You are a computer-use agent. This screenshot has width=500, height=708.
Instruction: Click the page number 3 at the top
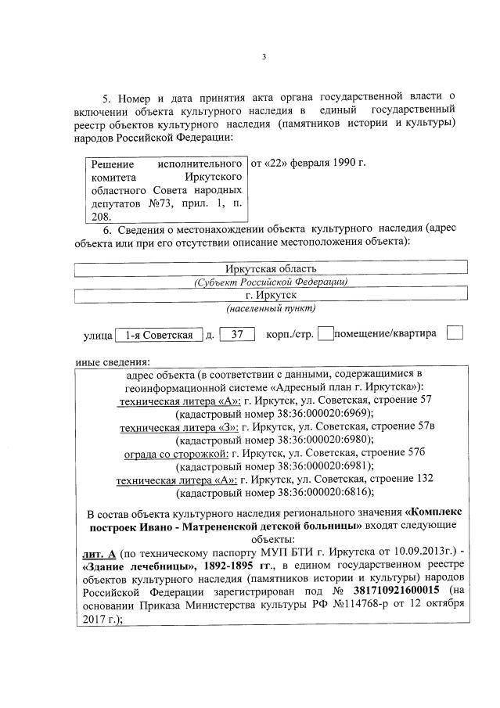[264, 56]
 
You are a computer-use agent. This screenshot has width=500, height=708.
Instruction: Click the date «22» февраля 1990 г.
[307, 163]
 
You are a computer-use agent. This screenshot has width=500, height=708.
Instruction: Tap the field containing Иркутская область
[270, 268]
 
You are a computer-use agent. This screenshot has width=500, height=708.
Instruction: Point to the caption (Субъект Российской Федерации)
[270, 282]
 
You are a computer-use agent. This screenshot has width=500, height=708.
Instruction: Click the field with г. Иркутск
[270, 295]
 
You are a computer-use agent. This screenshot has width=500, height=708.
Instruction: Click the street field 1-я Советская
[159, 335]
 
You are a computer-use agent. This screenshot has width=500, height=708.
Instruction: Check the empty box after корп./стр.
[326, 334]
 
